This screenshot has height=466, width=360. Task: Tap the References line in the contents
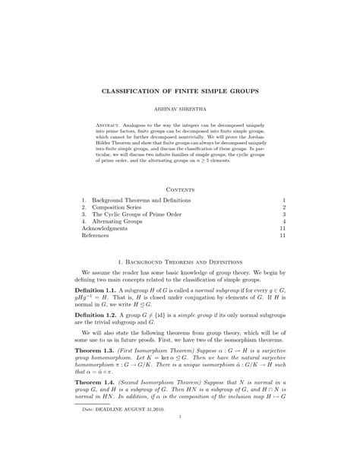95,236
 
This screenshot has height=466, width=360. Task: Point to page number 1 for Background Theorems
283,199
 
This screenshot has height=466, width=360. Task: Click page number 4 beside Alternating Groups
283,221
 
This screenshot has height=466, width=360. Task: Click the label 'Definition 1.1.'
94,293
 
